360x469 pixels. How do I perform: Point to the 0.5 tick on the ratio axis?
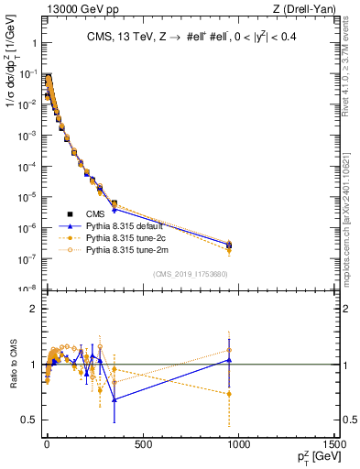(27, 420)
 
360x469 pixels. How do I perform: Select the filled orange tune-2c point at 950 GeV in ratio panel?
(229, 394)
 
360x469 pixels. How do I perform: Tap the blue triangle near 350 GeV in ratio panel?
(115, 399)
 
